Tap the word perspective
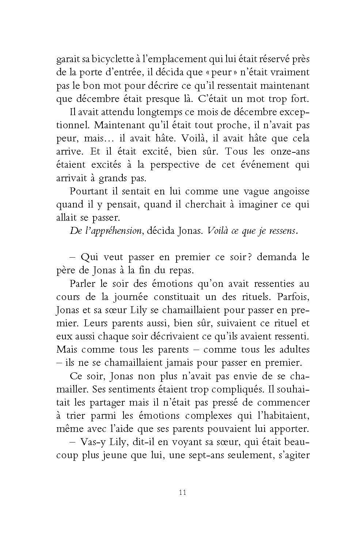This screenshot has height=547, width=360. click(173, 165)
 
